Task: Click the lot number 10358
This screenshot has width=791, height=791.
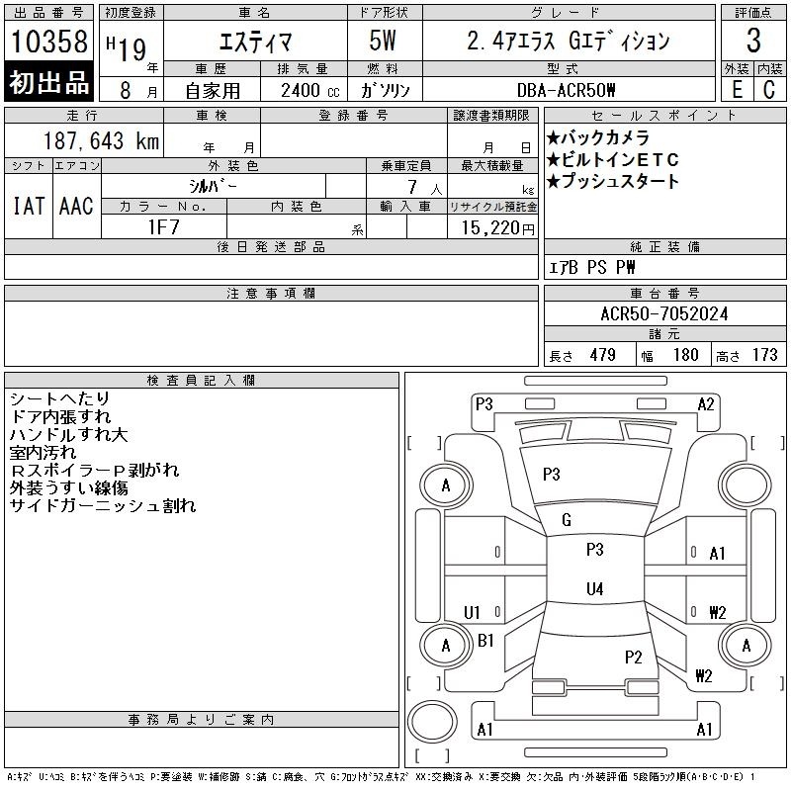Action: coord(49,41)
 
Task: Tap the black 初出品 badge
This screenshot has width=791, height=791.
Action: coord(48,82)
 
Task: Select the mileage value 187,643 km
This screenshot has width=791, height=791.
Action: coord(101,140)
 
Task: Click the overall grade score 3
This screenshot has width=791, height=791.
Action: coord(753,41)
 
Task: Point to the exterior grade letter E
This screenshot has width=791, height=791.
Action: coord(737,90)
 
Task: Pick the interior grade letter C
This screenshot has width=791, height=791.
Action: coord(769,90)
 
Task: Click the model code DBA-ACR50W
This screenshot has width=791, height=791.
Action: coord(566,90)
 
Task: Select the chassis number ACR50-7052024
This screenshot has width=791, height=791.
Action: coord(664,313)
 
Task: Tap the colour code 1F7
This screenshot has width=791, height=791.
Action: coord(164,227)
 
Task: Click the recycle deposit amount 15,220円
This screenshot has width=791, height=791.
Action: coord(498,228)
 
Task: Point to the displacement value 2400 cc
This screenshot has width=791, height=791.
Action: coord(310,91)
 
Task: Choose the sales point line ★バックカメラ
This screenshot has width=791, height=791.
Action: coord(598,137)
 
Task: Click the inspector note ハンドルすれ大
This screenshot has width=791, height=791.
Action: coord(68,434)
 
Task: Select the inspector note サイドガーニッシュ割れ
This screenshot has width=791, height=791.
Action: coord(103,505)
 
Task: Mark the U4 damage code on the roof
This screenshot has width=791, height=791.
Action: coord(595,588)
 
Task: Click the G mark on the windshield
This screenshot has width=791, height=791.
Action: coord(567,520)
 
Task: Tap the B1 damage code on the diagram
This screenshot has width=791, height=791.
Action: coord(485,641)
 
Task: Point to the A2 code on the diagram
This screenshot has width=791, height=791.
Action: coord(706,404)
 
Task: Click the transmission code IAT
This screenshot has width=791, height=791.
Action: coord(29,206)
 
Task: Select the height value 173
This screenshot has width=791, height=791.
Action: coord(764,355)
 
